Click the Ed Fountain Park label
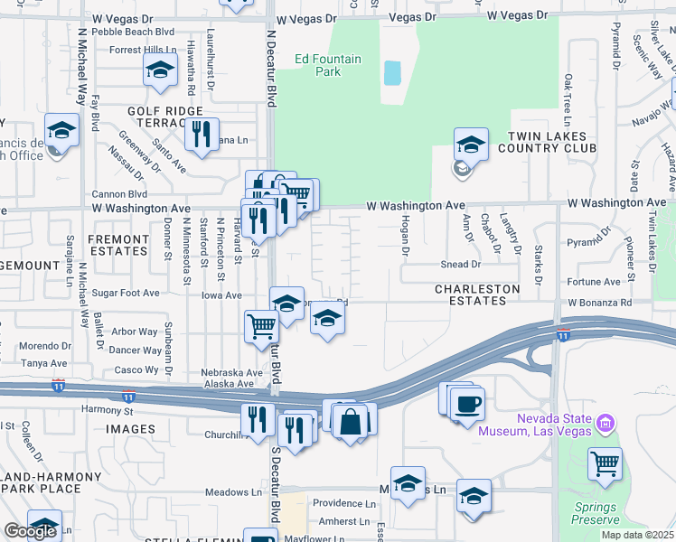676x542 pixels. point(327,66)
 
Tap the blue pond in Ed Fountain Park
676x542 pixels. point(392,73)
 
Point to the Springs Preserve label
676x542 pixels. point(595,513)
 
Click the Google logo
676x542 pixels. point(29,532)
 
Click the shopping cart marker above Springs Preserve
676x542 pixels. point(605,464)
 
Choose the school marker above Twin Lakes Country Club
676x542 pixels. point(471,144)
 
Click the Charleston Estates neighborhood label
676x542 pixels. point(477,295)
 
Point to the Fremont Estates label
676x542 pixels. point(117,246)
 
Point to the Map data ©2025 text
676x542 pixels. point(637,535)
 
